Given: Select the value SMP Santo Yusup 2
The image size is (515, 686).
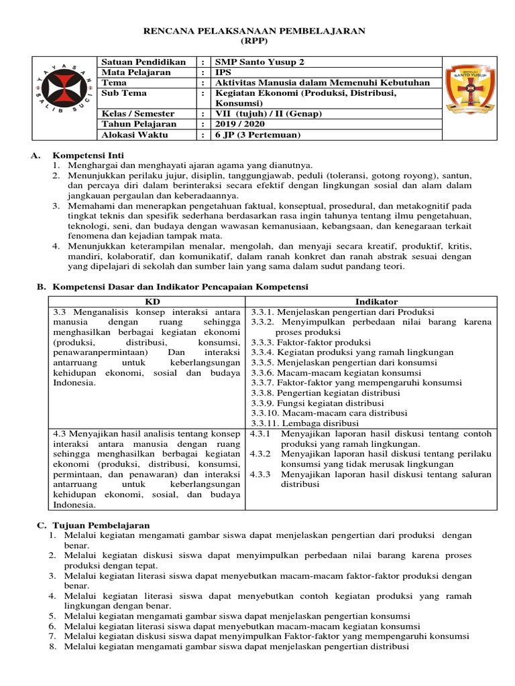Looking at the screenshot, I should click(259, 62).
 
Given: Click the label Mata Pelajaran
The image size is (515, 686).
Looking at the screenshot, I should click(135, 72).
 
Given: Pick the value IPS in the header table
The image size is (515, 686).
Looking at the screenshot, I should click(222, 72).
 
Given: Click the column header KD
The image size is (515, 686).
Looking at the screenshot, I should click(148, 302).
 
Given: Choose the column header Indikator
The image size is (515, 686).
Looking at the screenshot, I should click(376, 302).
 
